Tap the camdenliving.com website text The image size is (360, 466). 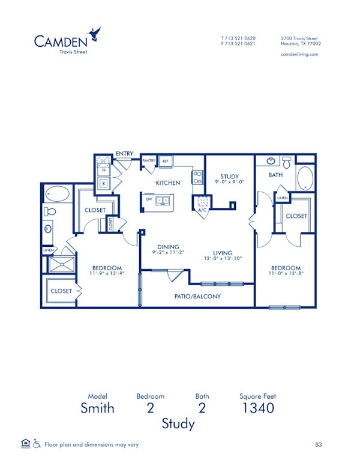tap(299, 54)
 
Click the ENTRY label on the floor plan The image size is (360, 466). tap(124, 154)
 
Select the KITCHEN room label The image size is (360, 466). tap(168, 183)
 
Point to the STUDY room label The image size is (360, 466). tap(229, 177)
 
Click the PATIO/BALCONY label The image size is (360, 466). tap(198, 296)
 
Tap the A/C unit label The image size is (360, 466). tap(202, 210)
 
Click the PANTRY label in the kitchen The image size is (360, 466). tap(149, 161)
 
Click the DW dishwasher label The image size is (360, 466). tap(148, 199)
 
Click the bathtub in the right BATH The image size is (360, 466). tap(305, 178)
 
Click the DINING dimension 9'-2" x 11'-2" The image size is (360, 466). tap(168, 252)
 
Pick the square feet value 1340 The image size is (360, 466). tap(257, 408)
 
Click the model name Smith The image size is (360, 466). tap(97, 408)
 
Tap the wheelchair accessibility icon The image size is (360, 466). tap(37, 444)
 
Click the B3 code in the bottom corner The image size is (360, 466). tap(319, 444)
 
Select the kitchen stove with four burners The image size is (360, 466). tap(197, 177)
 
